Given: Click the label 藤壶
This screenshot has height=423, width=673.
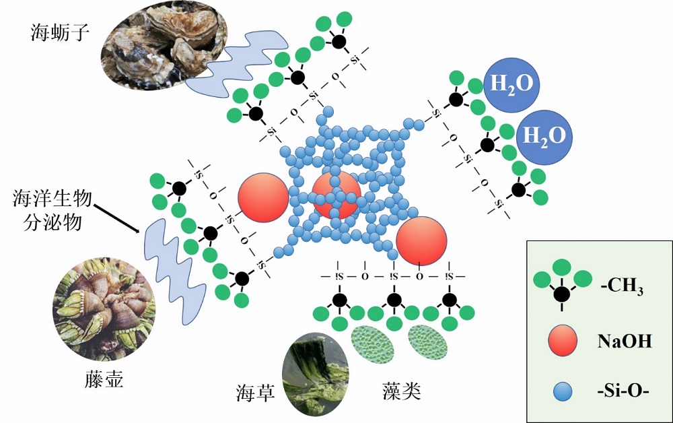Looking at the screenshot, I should [x=105, y=379].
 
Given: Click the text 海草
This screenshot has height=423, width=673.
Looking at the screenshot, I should [x=256, y=391].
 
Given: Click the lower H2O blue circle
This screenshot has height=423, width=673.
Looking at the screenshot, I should [x=544, y=135].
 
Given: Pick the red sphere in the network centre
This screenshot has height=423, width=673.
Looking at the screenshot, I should [x=336, y=195].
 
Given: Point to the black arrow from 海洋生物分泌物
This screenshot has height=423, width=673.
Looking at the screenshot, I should [x=119, y=216].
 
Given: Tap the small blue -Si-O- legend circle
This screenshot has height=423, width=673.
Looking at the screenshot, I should [x=561, y=390].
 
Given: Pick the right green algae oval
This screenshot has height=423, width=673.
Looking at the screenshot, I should [x=428, y=343].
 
